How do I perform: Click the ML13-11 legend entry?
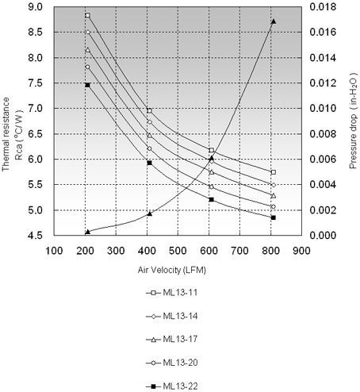(172, 293)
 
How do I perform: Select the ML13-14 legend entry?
(172, 316)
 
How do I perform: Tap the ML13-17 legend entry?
(172, 339)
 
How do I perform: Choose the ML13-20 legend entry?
(172, 363)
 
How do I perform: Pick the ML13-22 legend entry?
(172, 386)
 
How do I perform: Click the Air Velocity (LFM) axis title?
(172, 270)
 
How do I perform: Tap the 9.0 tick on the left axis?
(36, 7)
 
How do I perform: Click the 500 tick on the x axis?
(178, 251)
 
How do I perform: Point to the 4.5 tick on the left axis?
(36, 235)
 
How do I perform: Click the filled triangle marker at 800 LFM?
(274, 21)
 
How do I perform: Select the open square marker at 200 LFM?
(88, 15)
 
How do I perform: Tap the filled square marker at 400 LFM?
(149, 163)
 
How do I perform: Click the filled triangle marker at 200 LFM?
(88, 232)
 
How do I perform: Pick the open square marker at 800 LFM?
(274, 172)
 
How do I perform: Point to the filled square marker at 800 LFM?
(274, 217)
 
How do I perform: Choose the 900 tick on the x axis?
(301, 251)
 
